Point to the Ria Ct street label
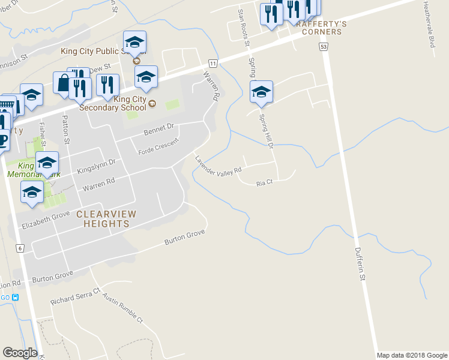265,182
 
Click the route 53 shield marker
324,47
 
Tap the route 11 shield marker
212,63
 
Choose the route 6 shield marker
20,248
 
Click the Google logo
20,353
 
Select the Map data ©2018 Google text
411,355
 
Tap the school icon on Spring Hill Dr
261,93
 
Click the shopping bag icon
64,84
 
